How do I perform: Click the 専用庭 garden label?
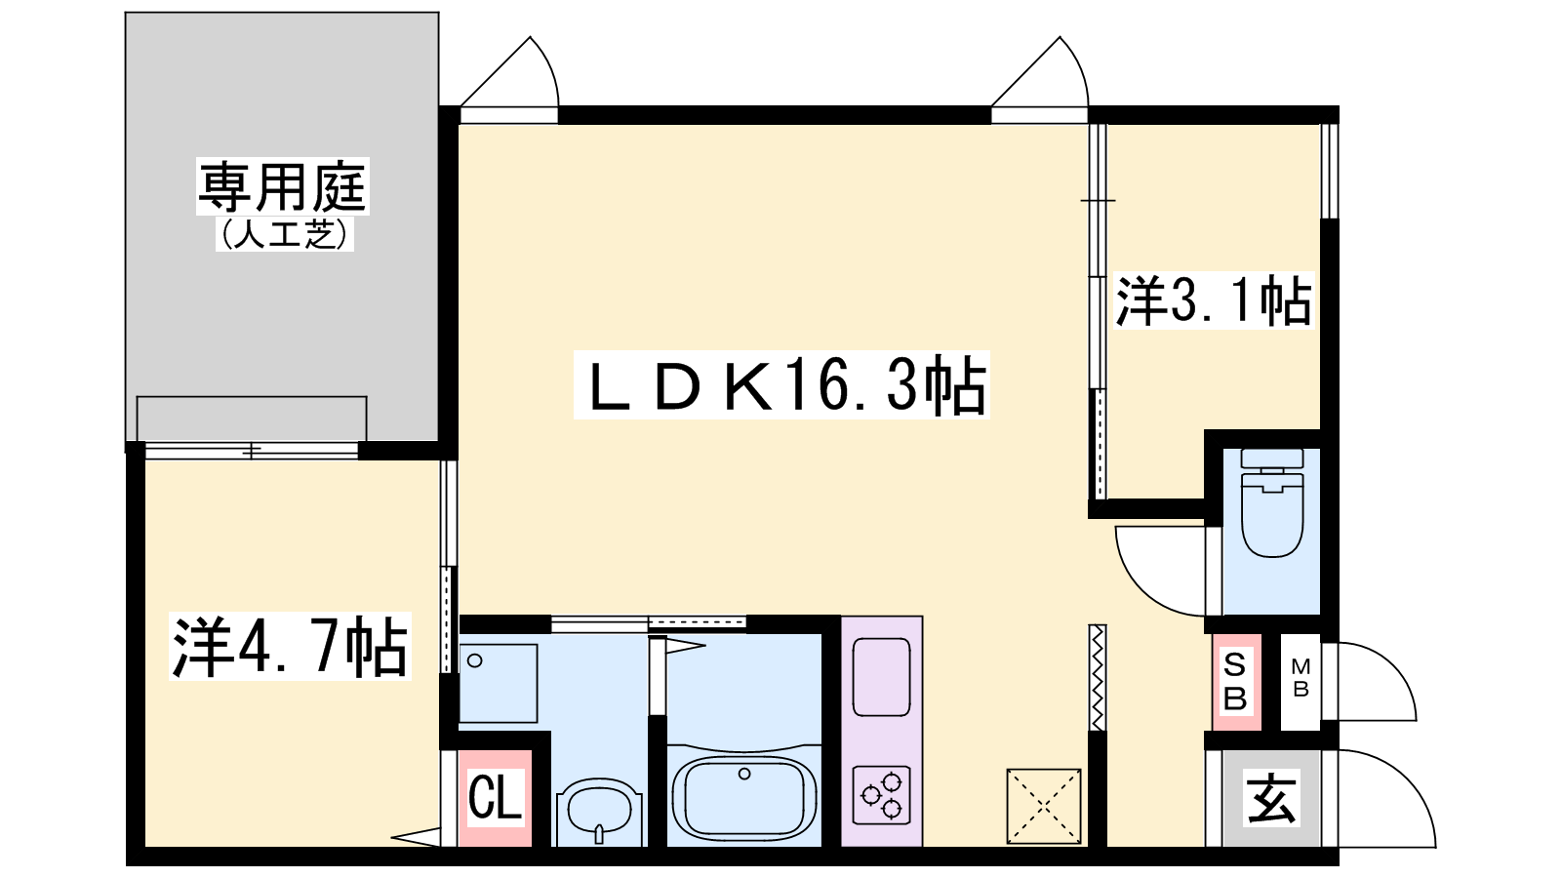tap(282, 186)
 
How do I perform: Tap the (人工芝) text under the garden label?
tap(284, 233)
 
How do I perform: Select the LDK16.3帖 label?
tap(781, 384)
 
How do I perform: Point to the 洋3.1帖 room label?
tap(1214, 300)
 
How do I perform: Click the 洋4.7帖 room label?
tap(290, 647)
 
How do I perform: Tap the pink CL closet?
tap(495, 798)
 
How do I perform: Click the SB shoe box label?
tap(1235, 682)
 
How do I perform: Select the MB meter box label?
tap(1301, 678)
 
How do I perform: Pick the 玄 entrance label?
tap(1270, 798)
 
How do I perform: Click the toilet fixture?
tap(1272, 502)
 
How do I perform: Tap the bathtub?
tap(744, 796)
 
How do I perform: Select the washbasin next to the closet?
tap(599, 809)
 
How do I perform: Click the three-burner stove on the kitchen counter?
tap(882, 796)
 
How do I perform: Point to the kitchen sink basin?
tap(882, 677)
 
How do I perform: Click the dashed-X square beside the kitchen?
tap(1044, 806)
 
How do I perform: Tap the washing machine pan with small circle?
tap(499, 683)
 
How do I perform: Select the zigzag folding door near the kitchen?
tap(1098, 677)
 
